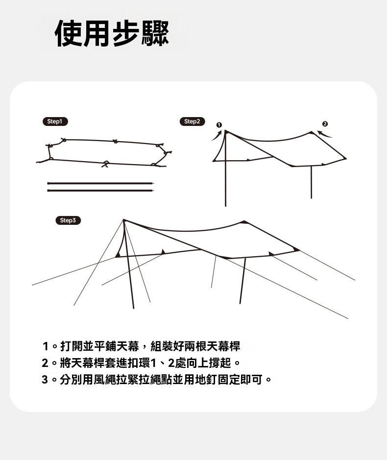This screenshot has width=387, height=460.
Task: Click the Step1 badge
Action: [55, 121]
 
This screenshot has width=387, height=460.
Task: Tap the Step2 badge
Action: [192, 121]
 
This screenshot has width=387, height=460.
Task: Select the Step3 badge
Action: [68, 220]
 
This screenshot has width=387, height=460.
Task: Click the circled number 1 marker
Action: [219, 125]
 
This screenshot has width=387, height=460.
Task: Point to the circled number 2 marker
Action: [325, 124]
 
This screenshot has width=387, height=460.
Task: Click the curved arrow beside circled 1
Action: [218, 135]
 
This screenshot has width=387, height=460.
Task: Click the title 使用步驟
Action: [112, 33]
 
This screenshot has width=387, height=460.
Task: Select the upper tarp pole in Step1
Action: [100, 183]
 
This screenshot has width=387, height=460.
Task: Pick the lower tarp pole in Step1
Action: [100, 191]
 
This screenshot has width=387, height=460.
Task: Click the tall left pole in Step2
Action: [225, 169]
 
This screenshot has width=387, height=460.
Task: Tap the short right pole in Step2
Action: [311, 182]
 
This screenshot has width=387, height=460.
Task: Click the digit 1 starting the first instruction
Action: [45, 346]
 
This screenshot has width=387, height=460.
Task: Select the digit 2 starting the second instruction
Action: [45, 363]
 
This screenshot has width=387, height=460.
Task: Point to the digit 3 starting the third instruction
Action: [45, 380]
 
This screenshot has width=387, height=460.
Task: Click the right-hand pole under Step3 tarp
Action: [242, 281]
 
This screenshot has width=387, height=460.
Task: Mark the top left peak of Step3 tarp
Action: [124, 220]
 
